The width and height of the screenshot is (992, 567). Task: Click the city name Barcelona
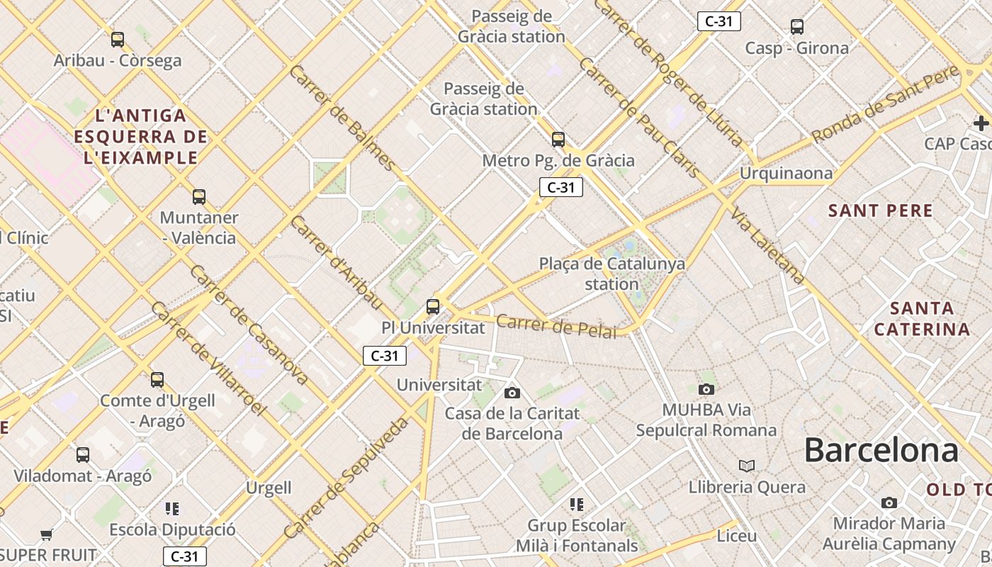click(x=881, y=451)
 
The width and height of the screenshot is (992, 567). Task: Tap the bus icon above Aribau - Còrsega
click(x=118, y=40)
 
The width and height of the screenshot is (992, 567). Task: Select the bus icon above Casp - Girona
click(x=797, y=28)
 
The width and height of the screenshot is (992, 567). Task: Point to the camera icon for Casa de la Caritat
click(x=512, y=393)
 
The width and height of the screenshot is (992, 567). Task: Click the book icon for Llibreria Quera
click(x=747, y=466)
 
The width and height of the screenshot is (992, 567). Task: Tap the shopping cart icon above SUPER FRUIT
click(x=47, y=534)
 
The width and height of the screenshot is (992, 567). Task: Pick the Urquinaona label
click(x=786, y=173)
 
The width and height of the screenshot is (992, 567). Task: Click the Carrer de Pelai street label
click(x=556, y=326)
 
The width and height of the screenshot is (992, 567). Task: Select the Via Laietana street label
click(x=768, y=246)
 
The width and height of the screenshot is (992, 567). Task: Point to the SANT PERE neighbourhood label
click(x=881, y=210)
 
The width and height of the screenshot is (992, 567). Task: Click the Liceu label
click(x=737, y=535)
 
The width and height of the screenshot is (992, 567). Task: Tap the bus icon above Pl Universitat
click(x=432, y=307)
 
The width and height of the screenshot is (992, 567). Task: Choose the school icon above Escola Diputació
click(x=172, y=508)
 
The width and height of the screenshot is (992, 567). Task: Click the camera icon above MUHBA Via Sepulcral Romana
click(x=706, y=389)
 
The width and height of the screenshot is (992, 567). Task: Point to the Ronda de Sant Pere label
click(x=885, y=103)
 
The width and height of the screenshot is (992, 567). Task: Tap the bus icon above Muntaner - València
click(x=199, y=196)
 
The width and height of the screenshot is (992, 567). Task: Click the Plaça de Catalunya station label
click(x=612, y=274)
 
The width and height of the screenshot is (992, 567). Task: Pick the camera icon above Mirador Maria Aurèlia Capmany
click(x=889, y=503)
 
